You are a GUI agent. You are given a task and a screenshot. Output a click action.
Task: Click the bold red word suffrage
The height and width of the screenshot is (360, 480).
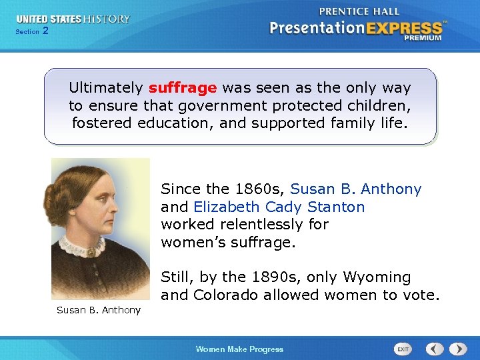[x=183, y=88]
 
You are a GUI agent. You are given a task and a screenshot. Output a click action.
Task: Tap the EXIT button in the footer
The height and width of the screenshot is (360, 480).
[x=403, y=349]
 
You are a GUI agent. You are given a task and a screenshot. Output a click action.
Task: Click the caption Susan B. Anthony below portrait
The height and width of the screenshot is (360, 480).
[x=99, y=310]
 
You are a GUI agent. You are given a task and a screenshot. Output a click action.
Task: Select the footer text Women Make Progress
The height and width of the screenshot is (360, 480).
[x=239, y=349]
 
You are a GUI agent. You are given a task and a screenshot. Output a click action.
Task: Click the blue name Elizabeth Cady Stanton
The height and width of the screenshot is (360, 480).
[x=279, y=207]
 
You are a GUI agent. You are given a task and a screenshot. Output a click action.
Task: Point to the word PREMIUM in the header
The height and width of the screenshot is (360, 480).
[x=422, y=39]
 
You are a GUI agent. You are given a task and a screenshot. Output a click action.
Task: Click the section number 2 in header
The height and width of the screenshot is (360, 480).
[x=45, y=31]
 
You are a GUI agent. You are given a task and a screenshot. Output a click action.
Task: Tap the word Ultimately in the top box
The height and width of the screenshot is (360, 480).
[x=106, y=88]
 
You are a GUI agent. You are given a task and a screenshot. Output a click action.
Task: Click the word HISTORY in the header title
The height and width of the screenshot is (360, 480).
[x=107, y=19]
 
